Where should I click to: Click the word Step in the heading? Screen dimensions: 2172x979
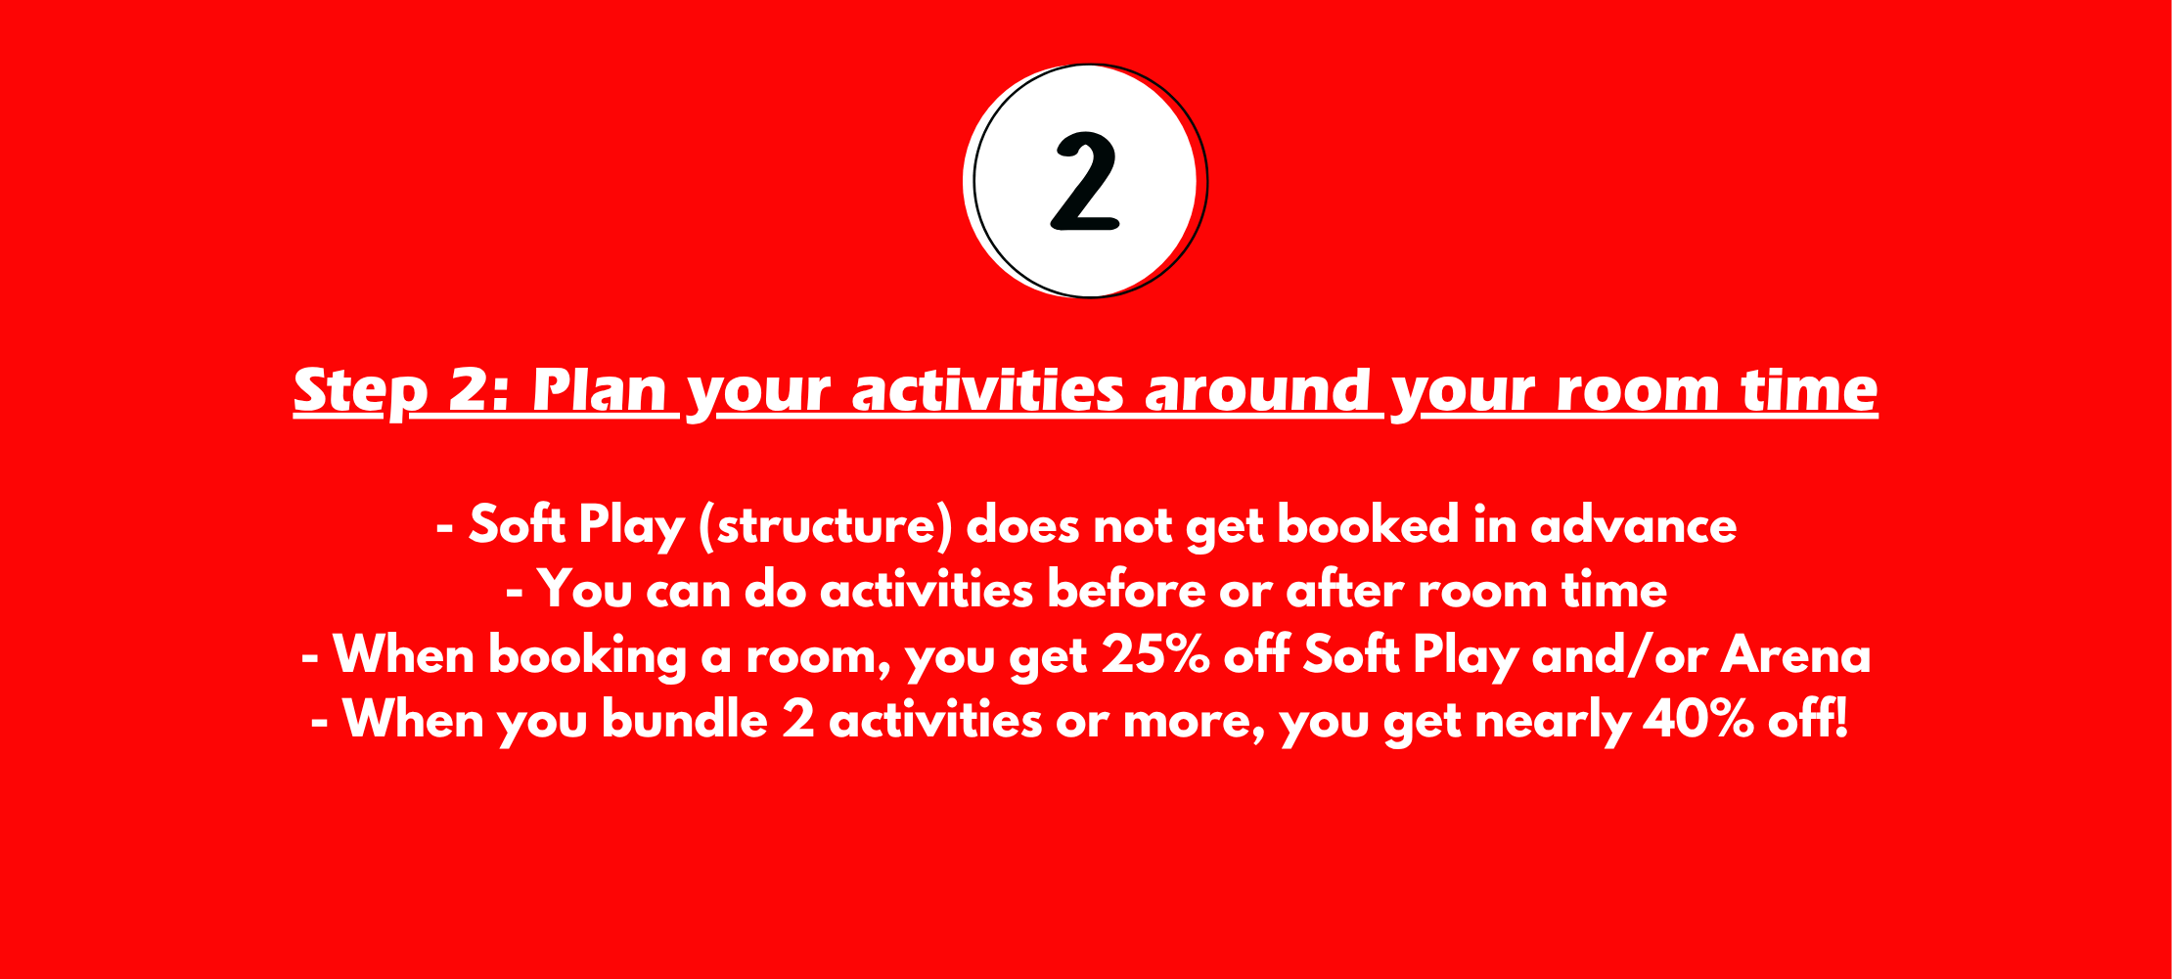[361, 391]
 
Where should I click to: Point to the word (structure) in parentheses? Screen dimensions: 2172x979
[825, 526]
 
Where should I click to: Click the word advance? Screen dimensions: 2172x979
[1633, 525]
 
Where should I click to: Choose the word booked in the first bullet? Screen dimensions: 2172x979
[1368, 525]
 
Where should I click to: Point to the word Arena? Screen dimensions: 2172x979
[1796, 654]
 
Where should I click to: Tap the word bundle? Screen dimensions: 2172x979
[685, 720]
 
